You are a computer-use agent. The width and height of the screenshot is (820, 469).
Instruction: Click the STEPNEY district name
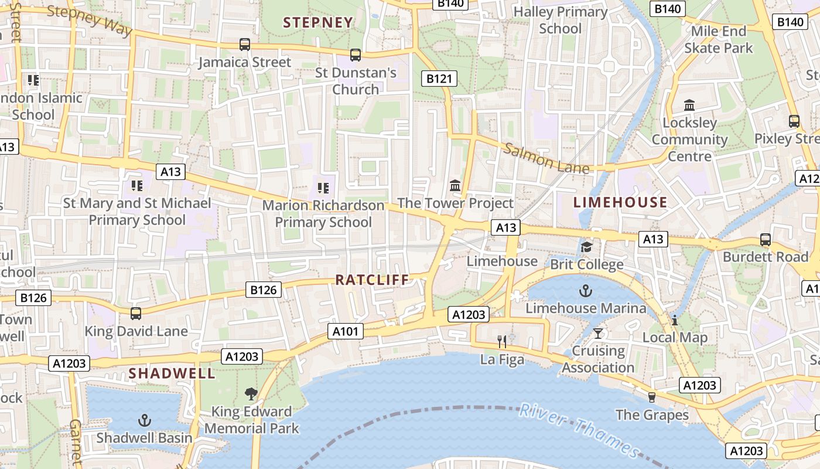318,23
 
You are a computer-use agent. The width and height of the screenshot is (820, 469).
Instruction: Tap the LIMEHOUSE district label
620,203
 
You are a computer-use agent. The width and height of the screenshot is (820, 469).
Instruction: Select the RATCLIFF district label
372,280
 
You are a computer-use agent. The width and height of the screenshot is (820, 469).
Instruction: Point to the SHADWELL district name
172,373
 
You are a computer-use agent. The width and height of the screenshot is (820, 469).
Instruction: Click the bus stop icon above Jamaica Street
245,45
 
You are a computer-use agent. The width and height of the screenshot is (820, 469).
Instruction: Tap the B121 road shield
439,79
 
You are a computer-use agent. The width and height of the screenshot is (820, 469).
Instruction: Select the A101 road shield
345,331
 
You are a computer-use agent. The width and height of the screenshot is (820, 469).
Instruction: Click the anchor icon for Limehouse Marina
585,290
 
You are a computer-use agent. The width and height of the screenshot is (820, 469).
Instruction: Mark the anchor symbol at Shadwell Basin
144,420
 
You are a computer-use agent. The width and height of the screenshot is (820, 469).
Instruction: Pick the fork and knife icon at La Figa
502,341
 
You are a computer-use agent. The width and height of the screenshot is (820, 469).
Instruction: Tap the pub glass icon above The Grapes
651,397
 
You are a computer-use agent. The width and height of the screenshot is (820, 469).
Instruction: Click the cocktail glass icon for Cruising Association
597,334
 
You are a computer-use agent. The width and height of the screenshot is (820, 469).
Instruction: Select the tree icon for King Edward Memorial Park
251,393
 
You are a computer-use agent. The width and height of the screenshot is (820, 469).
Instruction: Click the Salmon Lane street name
546,158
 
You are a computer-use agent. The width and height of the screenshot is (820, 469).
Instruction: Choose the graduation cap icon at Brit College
586,247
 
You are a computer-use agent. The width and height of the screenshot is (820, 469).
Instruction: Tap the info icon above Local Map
675,320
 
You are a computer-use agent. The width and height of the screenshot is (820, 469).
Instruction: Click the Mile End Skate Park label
719,39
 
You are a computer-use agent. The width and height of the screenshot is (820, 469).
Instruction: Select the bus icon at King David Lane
136,314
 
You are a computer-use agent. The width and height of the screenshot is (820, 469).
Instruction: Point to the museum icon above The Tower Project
455,186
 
